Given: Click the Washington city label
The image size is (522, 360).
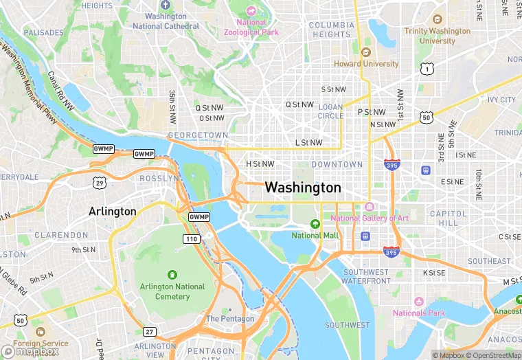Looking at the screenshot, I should pos(302,188).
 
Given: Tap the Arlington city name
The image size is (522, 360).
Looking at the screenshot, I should pos(113,212).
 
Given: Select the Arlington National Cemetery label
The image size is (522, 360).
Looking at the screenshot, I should pos(172,291).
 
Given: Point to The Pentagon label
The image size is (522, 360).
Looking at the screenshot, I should pos(230,319).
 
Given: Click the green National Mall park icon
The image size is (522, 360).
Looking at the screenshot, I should pos(315,224).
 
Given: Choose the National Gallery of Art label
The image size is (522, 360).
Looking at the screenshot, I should pos(370,218).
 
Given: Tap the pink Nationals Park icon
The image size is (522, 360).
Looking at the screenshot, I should pos(418,302).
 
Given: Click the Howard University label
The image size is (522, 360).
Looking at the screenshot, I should pos(366,64).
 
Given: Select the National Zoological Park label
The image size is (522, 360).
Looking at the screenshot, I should pos(251,27).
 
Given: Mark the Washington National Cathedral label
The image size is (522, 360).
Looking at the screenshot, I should pos(166,21).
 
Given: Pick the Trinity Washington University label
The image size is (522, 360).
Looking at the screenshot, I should pos(438,36).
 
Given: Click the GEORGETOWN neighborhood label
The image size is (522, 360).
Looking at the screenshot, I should pos(198,135).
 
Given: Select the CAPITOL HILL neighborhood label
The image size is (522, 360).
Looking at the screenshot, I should pos(448,218).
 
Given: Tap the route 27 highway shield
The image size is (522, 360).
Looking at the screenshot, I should pos(150,332).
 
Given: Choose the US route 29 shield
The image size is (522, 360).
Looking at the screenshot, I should pos(100,182).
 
